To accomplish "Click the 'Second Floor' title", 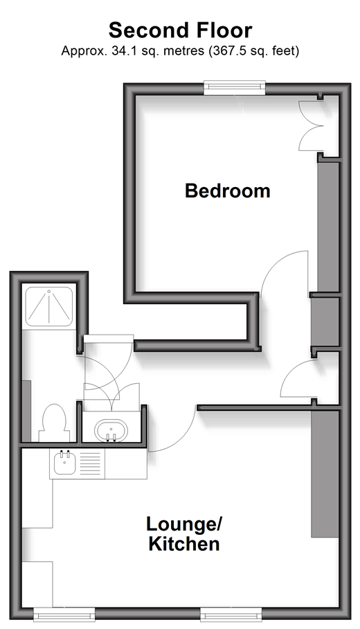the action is pyautogui.click(x=181, y=30).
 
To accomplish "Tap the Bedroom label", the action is pyautogui.click(x=227, y=191).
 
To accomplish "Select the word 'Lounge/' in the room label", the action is pyautogui.click(x=184, y=524).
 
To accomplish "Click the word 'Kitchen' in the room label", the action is pyautogui.click(x=184, y=544).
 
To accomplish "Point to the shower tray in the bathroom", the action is pyautogui.click(x=49, y=306).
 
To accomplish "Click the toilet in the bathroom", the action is pyautogui.click(x=54, y=423).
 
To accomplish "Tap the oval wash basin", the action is pyautogui.click(x=111, y=431).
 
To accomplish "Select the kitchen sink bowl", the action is pyautogui.click(x=64, y=463).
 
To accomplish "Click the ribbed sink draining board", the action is pyautogui.click(x=90, y=463).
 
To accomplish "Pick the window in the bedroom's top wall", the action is pyautogui.click(x=235, y=87).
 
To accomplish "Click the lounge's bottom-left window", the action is pyautogui.click(x=64, y=614).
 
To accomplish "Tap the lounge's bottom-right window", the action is pyautogui.click(x=231, y=614).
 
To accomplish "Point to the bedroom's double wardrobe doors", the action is pyautogui.click(x=311, y=125).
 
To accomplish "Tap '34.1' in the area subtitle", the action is pyautogui.click(x=120, y=51).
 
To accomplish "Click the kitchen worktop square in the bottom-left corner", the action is pyautogui.click(x=37, y=584).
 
